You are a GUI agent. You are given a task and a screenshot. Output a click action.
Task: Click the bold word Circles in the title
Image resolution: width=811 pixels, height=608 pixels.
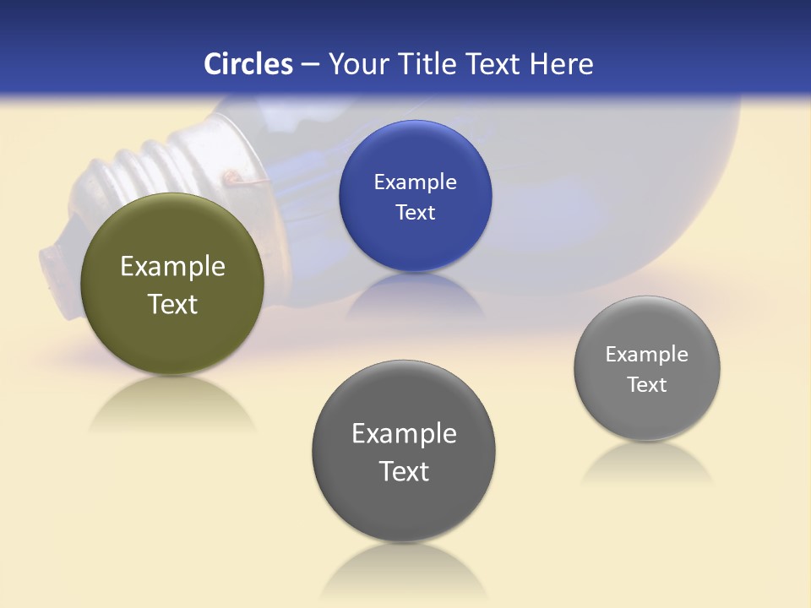click(x=248, y=64)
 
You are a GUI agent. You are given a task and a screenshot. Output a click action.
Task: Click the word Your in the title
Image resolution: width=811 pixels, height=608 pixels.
click(x=356, y=64)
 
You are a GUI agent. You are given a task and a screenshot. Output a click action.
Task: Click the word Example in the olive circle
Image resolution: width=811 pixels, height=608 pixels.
click(x=172, y=267)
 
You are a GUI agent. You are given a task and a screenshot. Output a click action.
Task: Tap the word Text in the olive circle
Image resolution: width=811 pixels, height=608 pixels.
click(x=172, y=304)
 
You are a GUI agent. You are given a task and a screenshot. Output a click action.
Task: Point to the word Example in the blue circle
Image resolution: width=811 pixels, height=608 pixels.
click(x=415, y=182)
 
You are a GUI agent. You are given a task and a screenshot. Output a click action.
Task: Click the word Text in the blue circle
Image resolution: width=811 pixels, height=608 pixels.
click(x=415, y=213)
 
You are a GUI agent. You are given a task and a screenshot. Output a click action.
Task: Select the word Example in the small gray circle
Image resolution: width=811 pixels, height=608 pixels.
click(x=646, y=355)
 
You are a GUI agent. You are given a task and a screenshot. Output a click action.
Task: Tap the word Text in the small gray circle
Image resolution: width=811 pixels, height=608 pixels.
click(x=646, y=385)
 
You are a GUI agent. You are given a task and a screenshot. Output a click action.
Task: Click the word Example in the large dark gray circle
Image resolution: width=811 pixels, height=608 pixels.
click(x=404, y=434)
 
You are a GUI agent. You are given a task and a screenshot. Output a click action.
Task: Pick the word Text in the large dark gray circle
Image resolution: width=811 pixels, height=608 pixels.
click(x=404, y=471)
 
